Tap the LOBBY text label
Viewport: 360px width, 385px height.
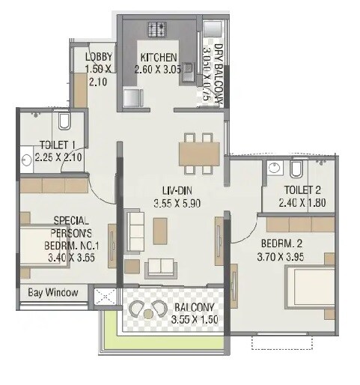[x=99, y=58]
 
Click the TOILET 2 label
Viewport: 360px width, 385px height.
[x=303, y=190]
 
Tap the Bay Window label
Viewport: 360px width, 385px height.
[x=53, y=293]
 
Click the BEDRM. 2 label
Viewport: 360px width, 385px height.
[x=281, y=244]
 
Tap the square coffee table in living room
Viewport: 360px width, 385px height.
[x=159, y=230]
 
